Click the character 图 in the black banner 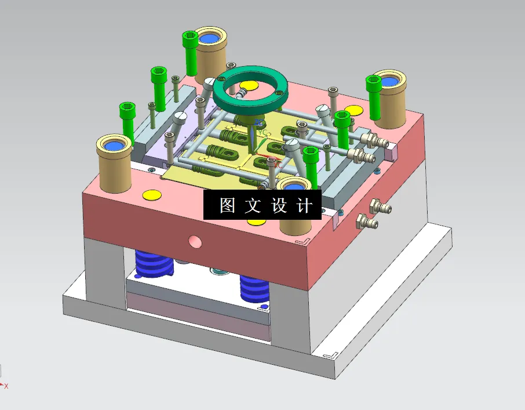click(227, 205)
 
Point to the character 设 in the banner click(279, 205)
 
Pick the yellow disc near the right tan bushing click(353, 111)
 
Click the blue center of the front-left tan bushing click(114, 145)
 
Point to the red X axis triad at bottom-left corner click(5, 385)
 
